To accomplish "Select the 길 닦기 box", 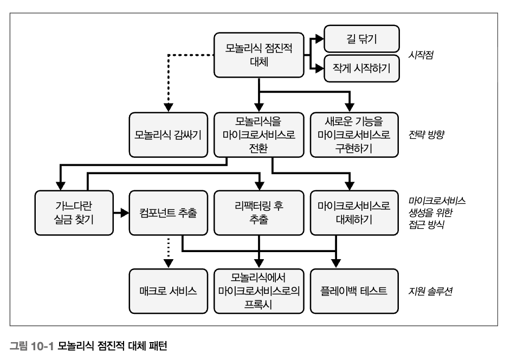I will (361, 39).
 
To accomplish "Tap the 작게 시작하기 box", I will (361, 68).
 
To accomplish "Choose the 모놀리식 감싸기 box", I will (169, 134).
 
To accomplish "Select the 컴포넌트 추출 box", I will (169, 213).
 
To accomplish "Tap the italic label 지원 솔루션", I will (431, 291).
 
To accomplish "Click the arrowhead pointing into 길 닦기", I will (320, 39).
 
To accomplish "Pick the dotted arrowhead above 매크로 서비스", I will (169, 262).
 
